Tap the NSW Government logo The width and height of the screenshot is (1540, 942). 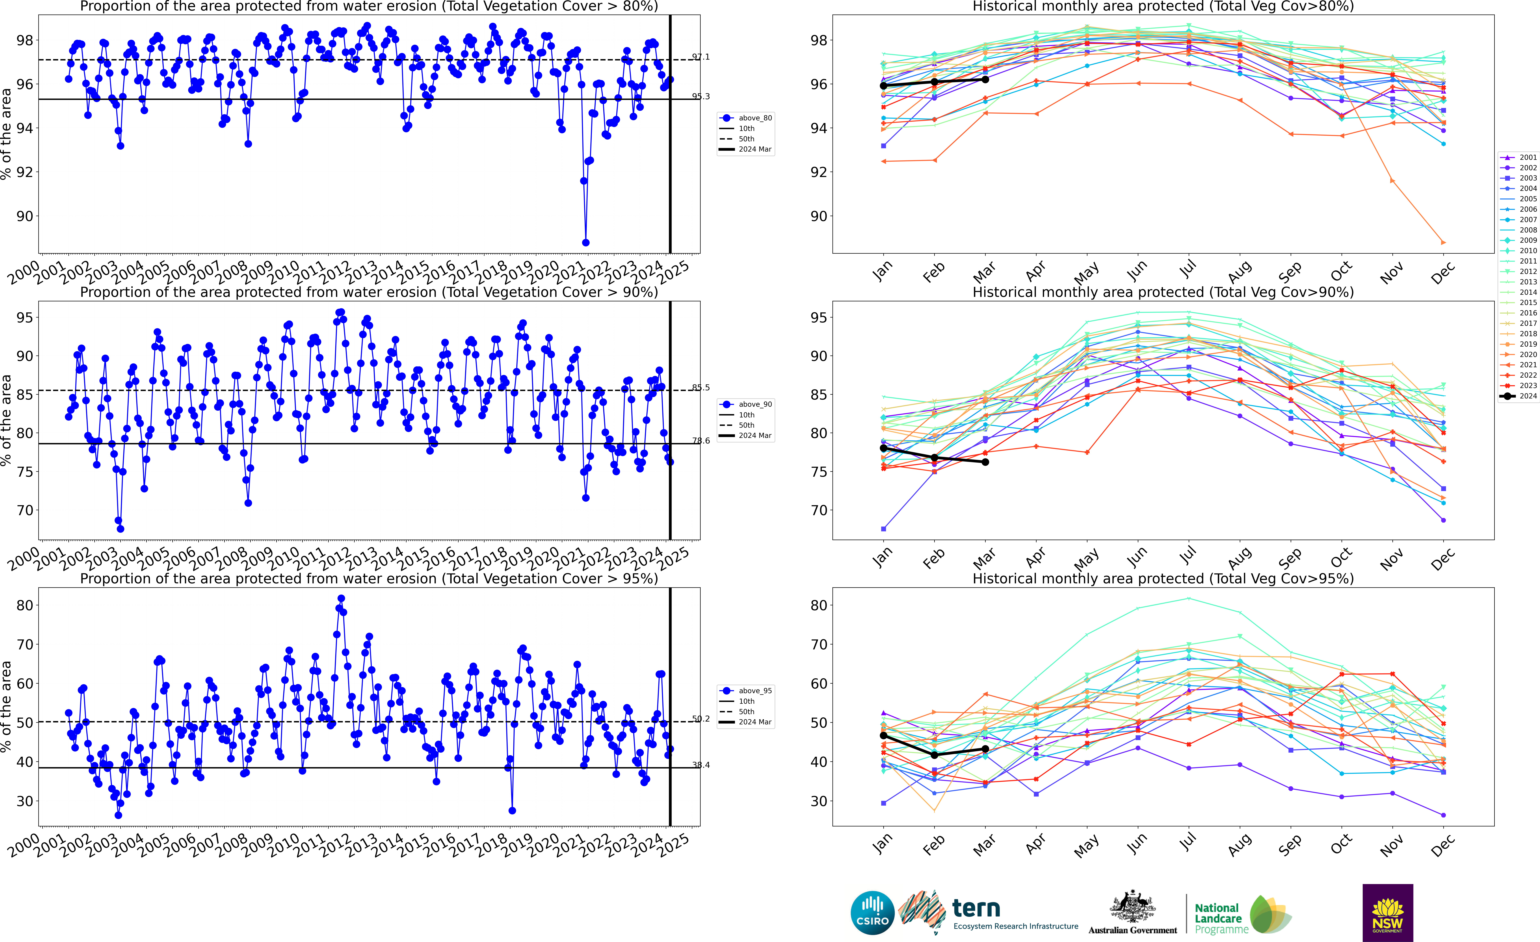point(1387,912)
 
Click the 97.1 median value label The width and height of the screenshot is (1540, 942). point(701,57)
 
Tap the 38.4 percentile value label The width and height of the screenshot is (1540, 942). point(701,765)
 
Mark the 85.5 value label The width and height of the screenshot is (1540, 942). point(701,387)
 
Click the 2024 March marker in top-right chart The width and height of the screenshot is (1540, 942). point(986,79)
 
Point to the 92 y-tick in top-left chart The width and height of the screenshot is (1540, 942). point(24,172)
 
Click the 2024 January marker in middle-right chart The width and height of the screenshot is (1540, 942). point(883,448)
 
